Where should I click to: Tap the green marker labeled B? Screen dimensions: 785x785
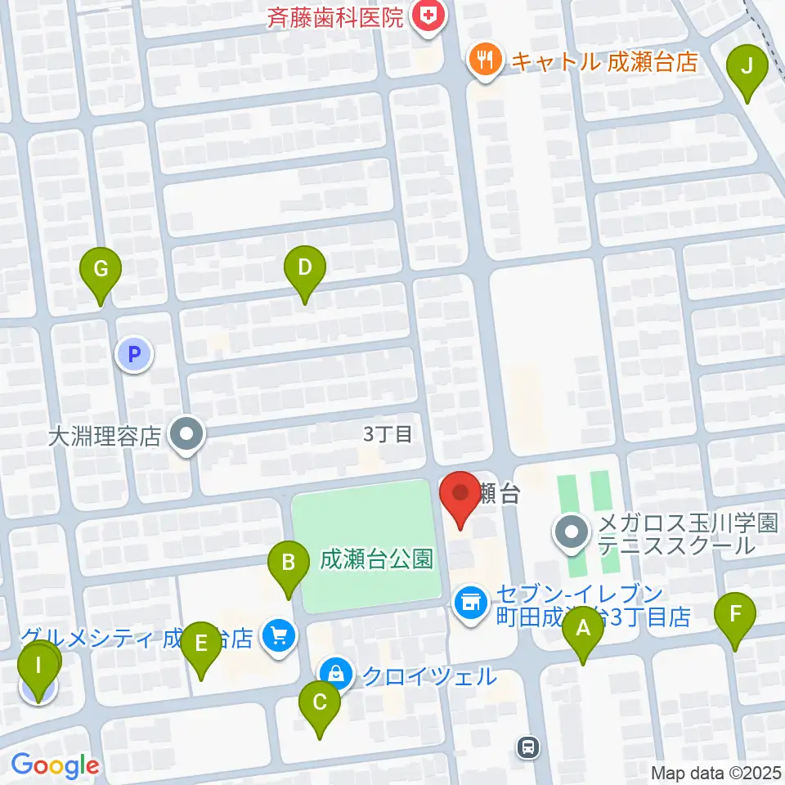(x=288, y=561)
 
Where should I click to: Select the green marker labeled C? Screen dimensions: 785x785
(x=319, y=702)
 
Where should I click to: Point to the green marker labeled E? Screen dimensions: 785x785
(x=201, y=643)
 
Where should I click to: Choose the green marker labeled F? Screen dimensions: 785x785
(x=735, y=612)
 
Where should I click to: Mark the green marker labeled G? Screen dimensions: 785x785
(x=101, y=268)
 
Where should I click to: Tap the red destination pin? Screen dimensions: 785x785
(x=460, y=493)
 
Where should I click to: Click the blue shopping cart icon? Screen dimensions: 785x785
(x=279, y=635)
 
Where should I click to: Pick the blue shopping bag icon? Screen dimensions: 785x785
(x=335, y=675)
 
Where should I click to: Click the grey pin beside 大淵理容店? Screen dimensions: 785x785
(x=186, y=434)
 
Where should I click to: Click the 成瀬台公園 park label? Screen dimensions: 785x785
(x=376, y=559)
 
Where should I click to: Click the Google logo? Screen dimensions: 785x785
(x=55, y=765)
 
